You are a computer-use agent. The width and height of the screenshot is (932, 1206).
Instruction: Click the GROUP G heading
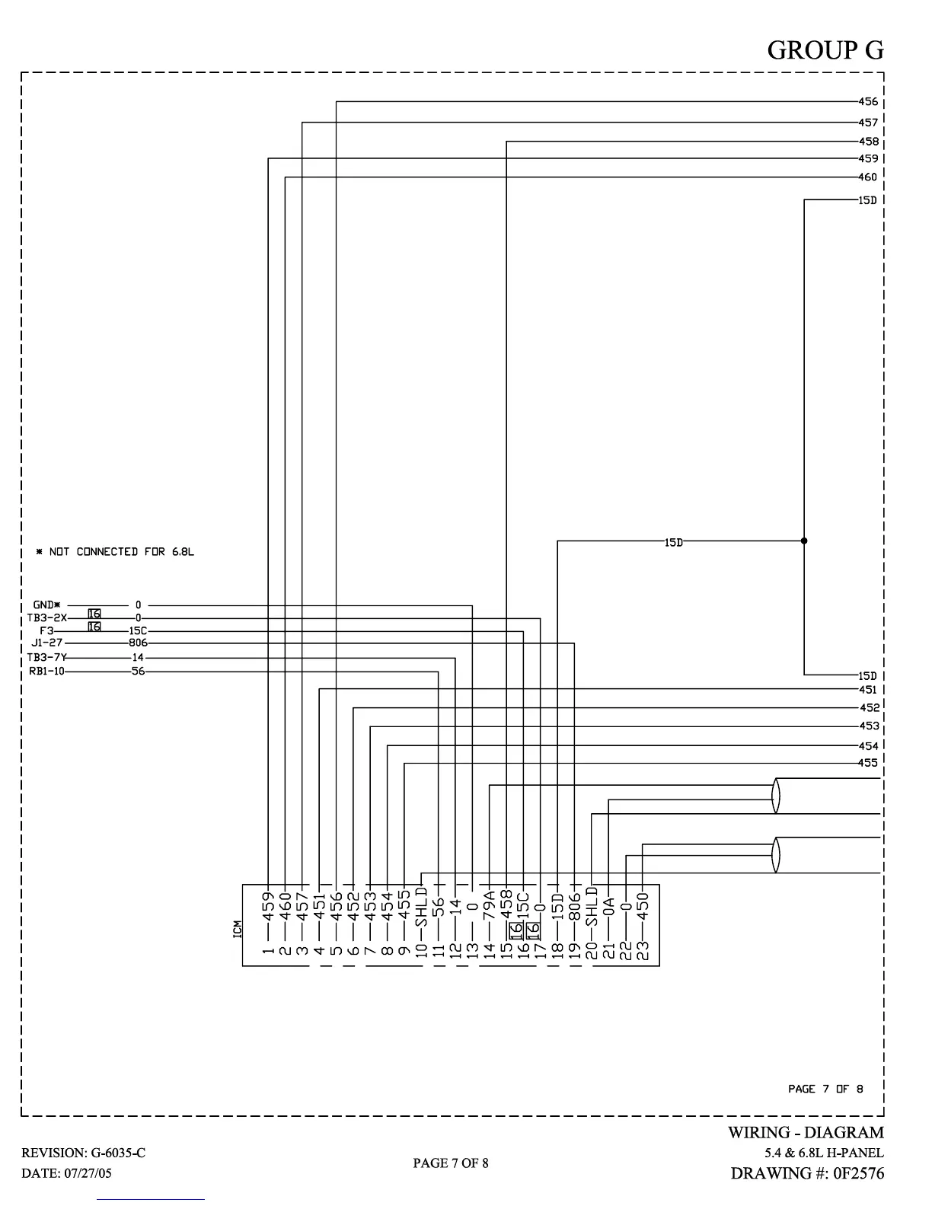click(x=825, y=49)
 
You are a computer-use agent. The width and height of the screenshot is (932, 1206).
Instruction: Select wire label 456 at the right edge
click(x=868, y=101)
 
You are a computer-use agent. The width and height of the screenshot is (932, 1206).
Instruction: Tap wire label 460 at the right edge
click(x=868, y=177)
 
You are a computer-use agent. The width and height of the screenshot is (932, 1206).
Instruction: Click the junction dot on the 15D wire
click(x=804, y=541)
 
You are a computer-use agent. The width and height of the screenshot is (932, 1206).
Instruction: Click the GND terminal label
click(x=46, y=605)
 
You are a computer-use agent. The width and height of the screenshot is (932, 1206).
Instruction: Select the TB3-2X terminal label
click(x=46, y=618)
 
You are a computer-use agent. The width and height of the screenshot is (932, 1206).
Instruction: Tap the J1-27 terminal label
click(x=47, y=643)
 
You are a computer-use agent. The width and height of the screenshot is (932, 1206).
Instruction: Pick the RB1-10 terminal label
click(x=46, y=672)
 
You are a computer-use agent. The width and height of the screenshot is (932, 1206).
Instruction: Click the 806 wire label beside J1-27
click(x=138, y=643)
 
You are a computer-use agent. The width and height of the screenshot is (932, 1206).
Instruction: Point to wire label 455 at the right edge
click(x=868, y=763)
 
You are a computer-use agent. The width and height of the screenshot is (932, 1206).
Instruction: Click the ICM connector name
click(x=237, y=930)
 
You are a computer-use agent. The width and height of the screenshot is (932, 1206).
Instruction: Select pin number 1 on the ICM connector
click(x=268, y=950)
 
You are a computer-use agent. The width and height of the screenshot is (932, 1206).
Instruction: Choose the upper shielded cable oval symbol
click(x=776, y=796)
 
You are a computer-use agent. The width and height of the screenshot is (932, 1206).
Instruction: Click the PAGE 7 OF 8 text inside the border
click(x=825, y=1089)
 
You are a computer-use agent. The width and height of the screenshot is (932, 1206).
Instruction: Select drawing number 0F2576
click(x=859, y=1173)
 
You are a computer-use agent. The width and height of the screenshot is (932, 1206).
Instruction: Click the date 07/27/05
click(x=84, y=1173)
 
